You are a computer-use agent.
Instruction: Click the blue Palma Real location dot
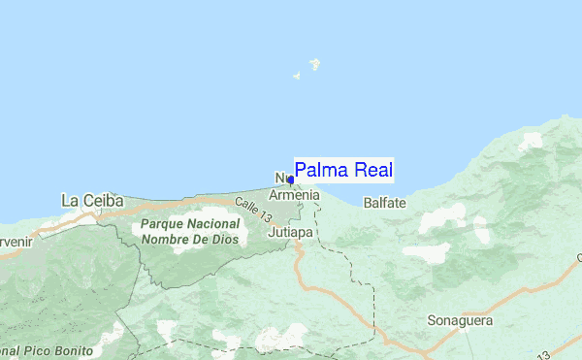[x=291, y=180]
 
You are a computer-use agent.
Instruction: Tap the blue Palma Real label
[x=344, y=171]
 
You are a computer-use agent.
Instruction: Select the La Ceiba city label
[x=92, y=201]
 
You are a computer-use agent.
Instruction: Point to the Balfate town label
[x=384, y=203]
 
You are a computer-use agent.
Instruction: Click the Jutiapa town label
[x=289, y=233]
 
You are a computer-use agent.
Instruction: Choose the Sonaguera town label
[x=460, y=320]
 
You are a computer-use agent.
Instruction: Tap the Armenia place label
[x=294, y=195]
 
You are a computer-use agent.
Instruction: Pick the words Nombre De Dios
[x=190, y=239]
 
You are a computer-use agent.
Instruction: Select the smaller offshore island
[x=298, y=76]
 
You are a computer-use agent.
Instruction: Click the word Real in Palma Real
[x=373, y=171]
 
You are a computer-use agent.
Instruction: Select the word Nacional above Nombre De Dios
[x=210, y=223]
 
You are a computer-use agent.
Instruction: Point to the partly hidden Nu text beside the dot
[x=281, y=180]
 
